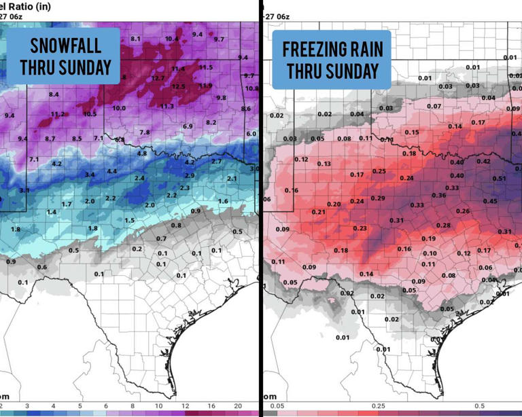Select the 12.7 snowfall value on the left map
coord(158,78)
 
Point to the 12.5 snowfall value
coord(178,86)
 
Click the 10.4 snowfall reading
coord(171,39)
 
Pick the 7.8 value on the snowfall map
coord(144,132)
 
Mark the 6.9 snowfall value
coord(188,126)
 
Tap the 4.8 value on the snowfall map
coord(142,153)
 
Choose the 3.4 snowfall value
coord(90,175)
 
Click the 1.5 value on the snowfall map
coord(129,221)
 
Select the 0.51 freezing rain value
coord(499,179)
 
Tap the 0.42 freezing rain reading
coord(483,161)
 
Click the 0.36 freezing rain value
coord(438,195)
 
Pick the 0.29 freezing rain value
coord(378,198)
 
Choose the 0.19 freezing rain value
coord(428,238)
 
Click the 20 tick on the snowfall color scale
coord(237,406)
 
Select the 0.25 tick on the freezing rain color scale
coord(379,406)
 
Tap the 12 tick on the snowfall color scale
coord(184,406)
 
